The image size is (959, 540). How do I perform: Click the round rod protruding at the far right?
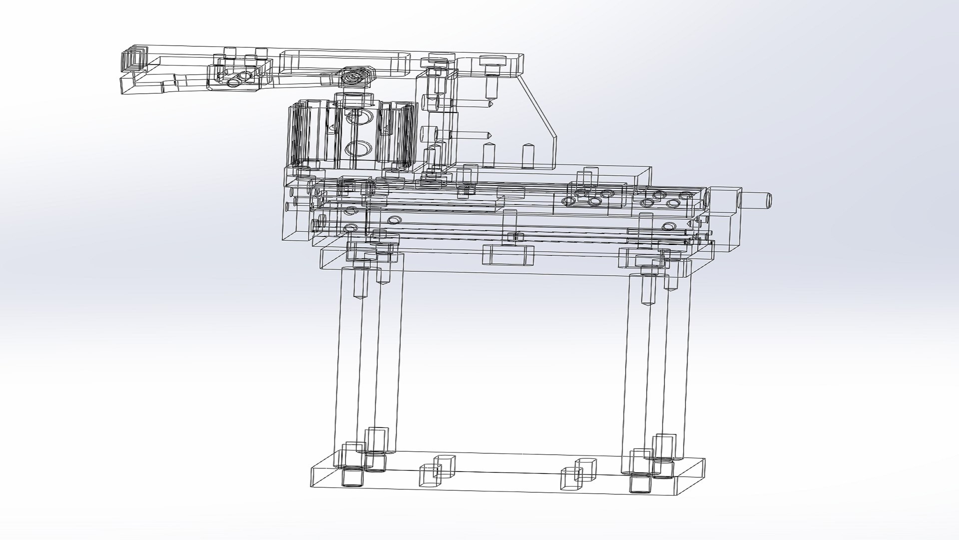[x=757, y=200]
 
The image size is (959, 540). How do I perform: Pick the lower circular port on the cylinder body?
[x=358, y=148]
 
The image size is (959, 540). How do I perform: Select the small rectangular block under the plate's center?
[x=508, y=255]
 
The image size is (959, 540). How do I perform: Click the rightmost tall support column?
[x=678, y=360]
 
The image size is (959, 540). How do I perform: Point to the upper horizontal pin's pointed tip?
[x=491, y=105]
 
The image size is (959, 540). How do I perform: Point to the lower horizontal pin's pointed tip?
[x=491, y=134]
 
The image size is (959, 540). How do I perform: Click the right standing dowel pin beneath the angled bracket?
[x=528, y=156]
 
